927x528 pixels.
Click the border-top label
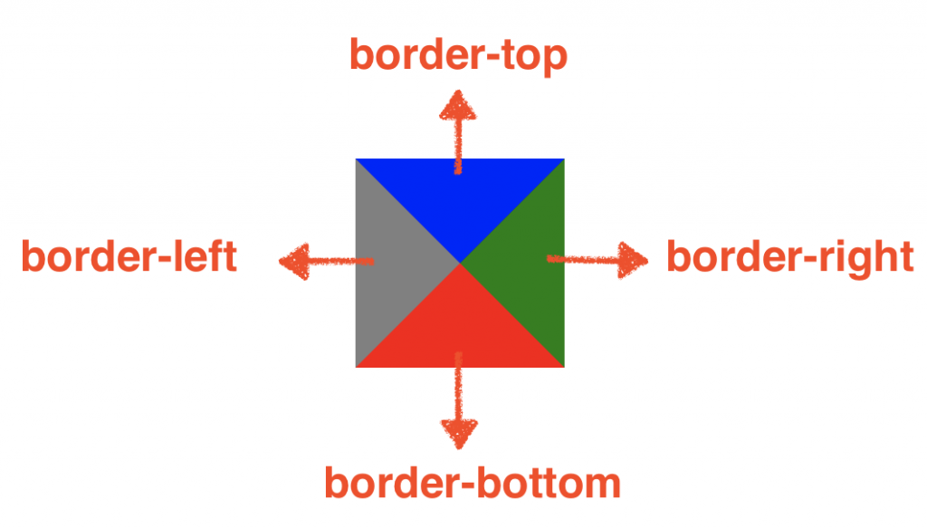point(458,56)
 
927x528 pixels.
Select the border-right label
point(789,258)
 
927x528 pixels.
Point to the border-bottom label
point(473,483)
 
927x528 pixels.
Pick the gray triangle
point(394,263)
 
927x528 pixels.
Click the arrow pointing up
point(458,131)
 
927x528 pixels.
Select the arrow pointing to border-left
point(326,262)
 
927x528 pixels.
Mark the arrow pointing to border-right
point(597,260)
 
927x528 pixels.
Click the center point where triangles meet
point(460,263)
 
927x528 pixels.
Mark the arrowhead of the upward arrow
point(458,105)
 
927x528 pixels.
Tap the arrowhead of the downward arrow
point(460,433)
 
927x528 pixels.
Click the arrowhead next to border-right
point(634,260)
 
